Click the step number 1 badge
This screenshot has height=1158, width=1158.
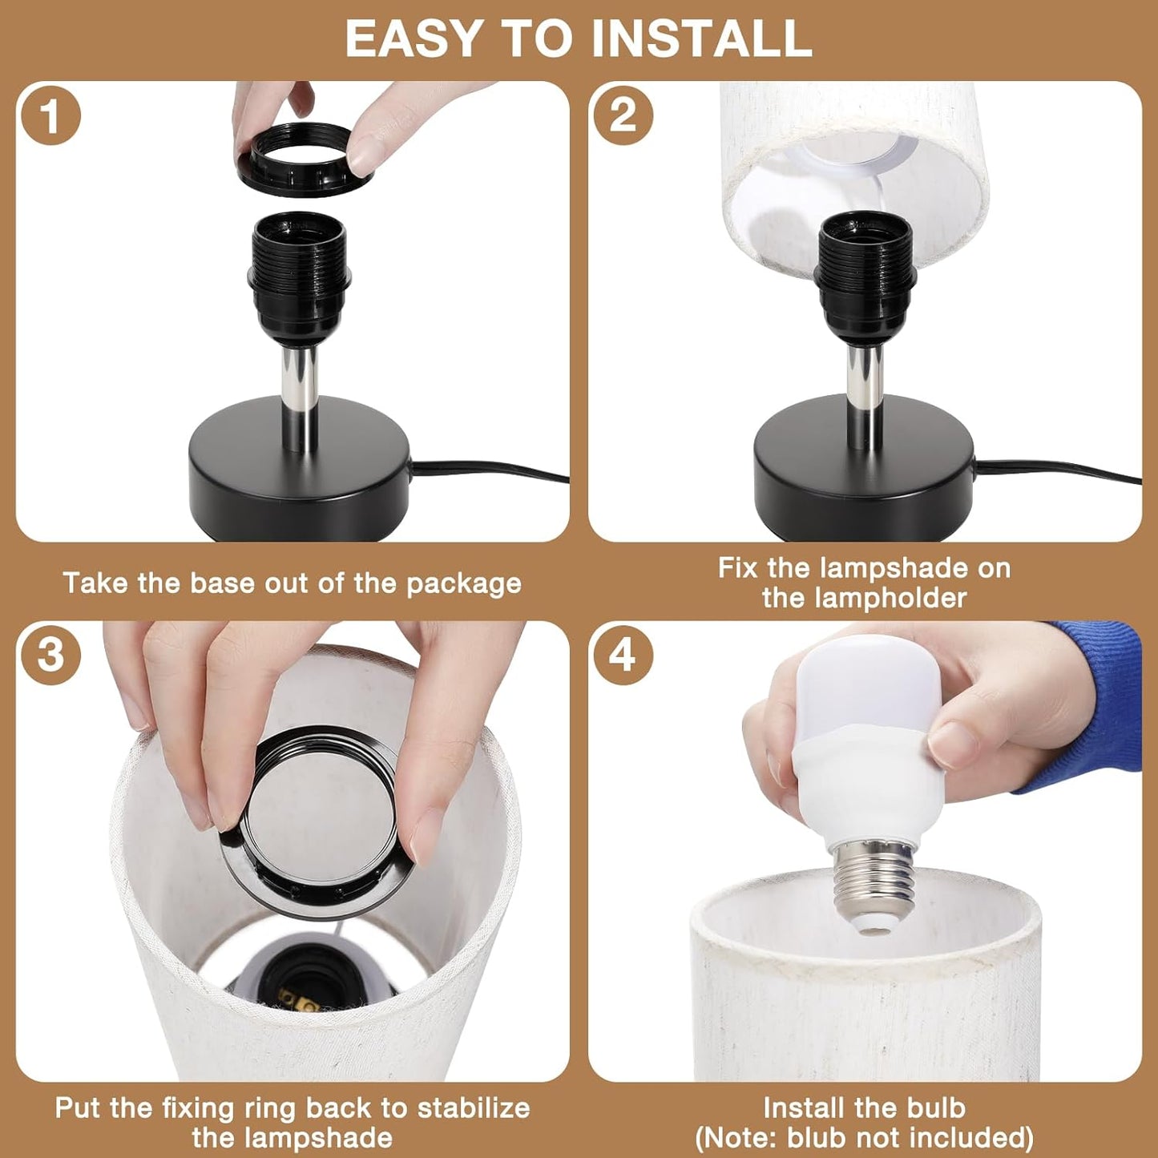50,115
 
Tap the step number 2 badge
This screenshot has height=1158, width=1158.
623,115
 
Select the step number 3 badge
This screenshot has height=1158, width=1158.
50,655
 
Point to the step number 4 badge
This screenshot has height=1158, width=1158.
623,655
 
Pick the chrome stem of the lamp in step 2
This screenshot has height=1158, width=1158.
865,393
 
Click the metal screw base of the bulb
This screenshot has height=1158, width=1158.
874,882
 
